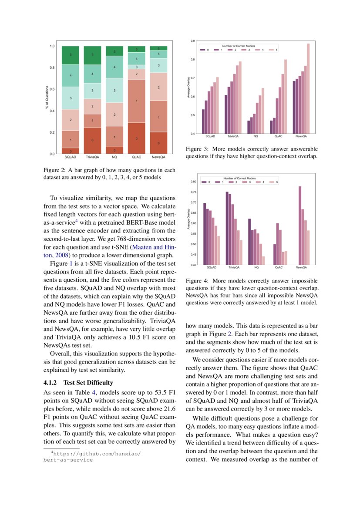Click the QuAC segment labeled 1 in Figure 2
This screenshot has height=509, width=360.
click(137, 101)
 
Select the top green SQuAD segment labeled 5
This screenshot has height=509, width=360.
click(70, 55)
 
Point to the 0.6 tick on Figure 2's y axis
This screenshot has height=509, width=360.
click(52, 89)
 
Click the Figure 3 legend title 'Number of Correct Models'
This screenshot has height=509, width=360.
click(239, 46)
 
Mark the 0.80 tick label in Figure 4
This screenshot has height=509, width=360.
click(193, 182)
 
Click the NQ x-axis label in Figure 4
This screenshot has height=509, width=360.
click(256, 268)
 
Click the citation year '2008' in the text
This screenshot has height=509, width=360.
click(63, 255)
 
